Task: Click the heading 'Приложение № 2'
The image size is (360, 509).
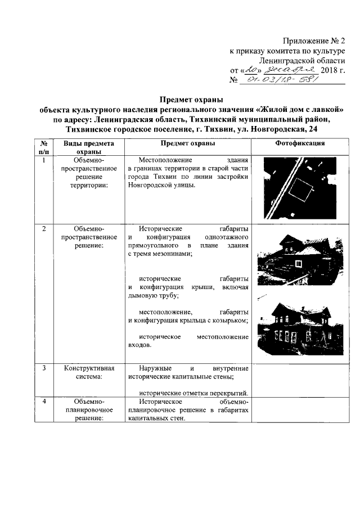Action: (x=314, y=41)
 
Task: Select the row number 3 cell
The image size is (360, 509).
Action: (x=44, y=368)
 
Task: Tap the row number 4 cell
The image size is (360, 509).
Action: (x=44, y=402)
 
